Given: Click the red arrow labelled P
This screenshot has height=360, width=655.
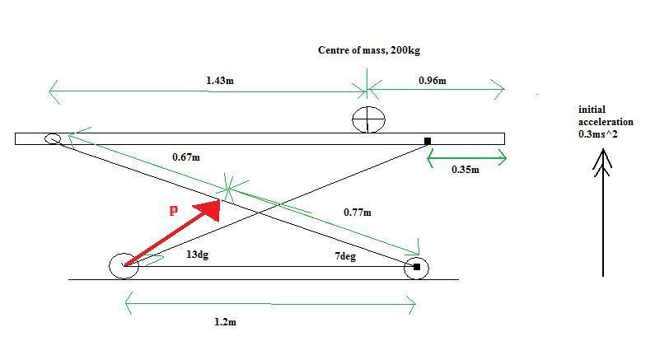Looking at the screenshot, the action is point(172,232).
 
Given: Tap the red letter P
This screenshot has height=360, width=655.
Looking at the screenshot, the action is point(173,211).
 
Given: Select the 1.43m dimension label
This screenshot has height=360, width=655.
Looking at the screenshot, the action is point(220,81).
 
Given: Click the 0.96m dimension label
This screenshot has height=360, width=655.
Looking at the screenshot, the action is point(433,81).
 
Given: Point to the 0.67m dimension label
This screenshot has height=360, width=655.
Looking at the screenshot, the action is point(186,157).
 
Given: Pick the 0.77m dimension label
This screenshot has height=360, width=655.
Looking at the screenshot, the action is point(357,213).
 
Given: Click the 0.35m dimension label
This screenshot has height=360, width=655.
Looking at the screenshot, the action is point(466,169).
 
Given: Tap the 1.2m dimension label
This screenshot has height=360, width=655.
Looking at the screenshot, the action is point(225,321).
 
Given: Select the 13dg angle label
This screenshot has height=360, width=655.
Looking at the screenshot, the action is point(197,255).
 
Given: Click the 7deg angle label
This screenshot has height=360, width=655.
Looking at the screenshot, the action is point(345,256).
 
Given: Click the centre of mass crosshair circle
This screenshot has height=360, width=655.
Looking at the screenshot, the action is point(368,119).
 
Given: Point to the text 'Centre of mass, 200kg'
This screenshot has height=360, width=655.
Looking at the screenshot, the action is point(369,50).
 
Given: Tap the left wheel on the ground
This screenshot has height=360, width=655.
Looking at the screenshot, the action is point(124,265).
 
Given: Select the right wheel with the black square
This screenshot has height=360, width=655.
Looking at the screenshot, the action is point(416,267).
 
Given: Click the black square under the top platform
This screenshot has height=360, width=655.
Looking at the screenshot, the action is point(428,141).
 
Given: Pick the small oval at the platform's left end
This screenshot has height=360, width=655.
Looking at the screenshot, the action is point(53,138).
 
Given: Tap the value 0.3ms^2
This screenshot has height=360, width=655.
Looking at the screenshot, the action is point(598,134).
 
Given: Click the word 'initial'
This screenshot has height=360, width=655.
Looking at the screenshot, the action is point(592,110).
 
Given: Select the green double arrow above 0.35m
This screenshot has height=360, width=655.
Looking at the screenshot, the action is point(467,158).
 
